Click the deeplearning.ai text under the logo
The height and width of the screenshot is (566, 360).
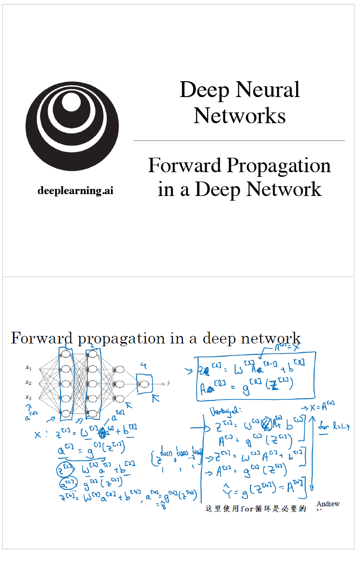pos(75,190)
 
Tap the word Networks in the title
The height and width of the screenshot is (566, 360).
pos(240,115)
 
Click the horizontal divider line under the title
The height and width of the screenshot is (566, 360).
pos(239,140)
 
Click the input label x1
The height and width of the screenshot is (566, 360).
pos(28,368)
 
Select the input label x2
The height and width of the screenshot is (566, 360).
pos(28,383)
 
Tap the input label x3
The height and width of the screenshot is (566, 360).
pos(28,398)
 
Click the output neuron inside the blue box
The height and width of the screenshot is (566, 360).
pos(144,384)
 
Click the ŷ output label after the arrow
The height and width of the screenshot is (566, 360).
pos(168,384)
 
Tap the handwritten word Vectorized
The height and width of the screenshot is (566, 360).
pos(226,411)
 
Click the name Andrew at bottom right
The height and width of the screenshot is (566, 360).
pos(328,504)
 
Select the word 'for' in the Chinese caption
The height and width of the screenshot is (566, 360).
pos(246,509)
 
